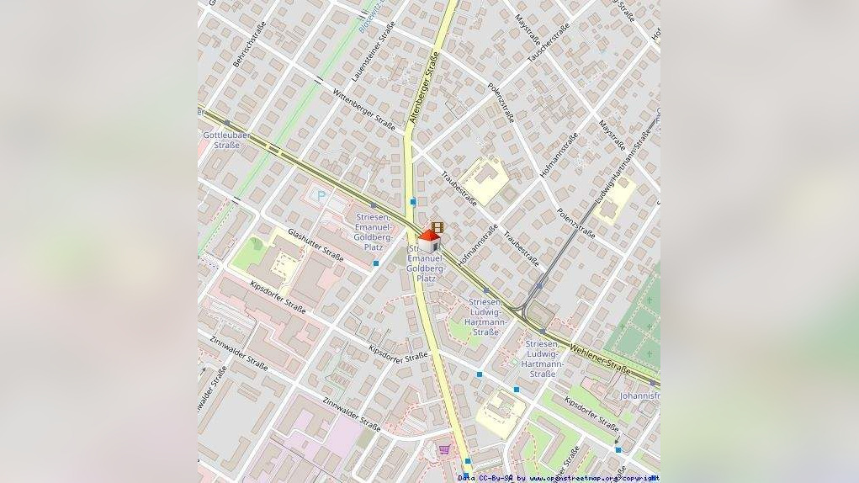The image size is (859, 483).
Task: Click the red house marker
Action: pyautogui.click(x=429, y=241)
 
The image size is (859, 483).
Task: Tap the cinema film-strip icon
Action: pyautogui.click(x=437, y=227)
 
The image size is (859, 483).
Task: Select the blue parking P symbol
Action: pyautogui.click(x=321, y=196)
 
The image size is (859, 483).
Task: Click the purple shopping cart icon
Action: pyautogui.click(x=444, y=450)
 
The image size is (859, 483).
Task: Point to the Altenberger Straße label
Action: pyautogui.click(x=426, y=88)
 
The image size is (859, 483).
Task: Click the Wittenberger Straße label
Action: pyautogui.click(x=364, y=109)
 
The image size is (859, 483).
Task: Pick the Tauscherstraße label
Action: pyautogui.click(x=548, y=42)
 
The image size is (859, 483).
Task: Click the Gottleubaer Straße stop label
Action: pyautogui.click(x=221, y=140)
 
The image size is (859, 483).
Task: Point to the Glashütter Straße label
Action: pyautogui.click(x=315, y=245)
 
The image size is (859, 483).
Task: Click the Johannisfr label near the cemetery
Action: pyautogui.click(x=639, y=395)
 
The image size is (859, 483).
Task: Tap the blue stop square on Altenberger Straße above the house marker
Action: pyautogui.click(x=413, y=202)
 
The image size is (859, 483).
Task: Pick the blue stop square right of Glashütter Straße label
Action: pyautogui.click(x=376, y=263)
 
